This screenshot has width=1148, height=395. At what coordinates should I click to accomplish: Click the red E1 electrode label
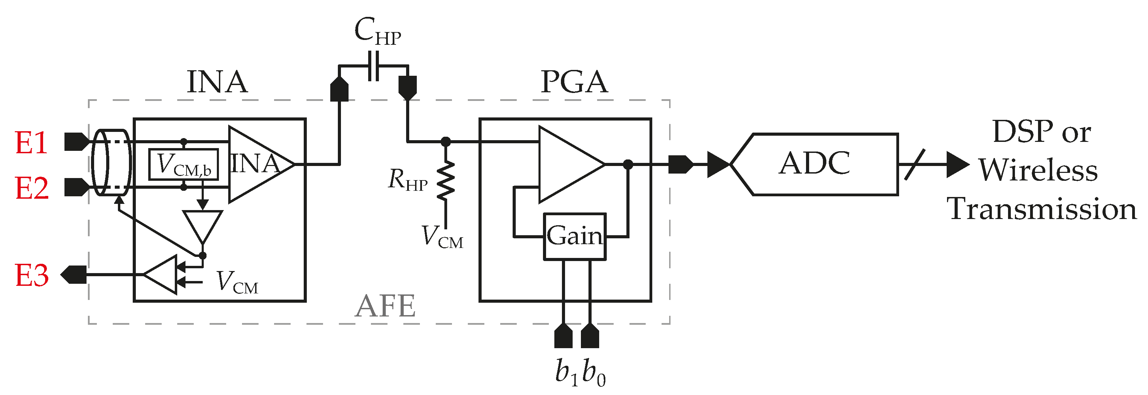tap(31, 143)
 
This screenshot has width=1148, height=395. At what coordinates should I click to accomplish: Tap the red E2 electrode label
tap(31, 188)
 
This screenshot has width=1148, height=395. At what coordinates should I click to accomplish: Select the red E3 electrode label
tap(31, 275)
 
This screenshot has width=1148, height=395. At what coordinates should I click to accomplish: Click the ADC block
tap(815, 164)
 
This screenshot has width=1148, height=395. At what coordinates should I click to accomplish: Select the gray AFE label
tap(385, 306)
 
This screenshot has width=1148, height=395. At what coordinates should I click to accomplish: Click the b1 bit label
tap(566, 372)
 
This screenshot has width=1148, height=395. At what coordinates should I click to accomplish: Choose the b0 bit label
tap(594, 372)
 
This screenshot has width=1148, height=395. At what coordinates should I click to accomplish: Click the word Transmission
tap(1041, 209)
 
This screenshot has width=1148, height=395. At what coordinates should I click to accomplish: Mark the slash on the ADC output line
tap(915, 164)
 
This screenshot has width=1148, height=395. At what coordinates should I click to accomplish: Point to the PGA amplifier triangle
tap(566, 164)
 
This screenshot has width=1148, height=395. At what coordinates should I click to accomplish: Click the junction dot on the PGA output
tap(627, 165)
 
